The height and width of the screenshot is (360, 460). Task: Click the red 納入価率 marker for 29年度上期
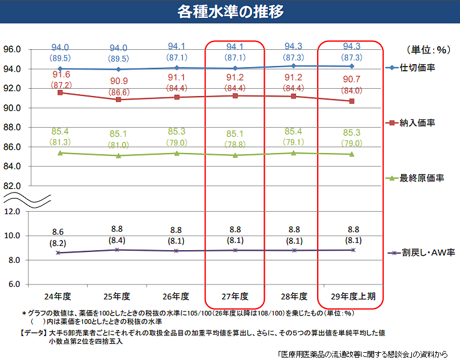point(351,101)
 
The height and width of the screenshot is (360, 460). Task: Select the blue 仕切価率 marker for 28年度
point(293,66)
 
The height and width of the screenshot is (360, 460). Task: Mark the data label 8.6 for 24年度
point(58,232)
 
